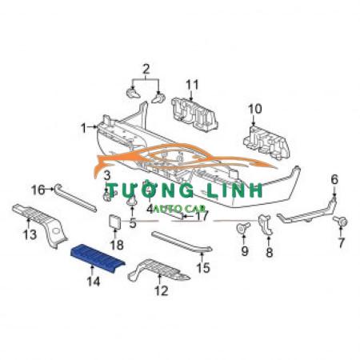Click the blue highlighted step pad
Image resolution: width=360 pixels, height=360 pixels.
(x=98, y=257)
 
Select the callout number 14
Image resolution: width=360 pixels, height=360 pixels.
(x=94, y=282)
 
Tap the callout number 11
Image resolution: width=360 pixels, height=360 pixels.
(x=192, y=85)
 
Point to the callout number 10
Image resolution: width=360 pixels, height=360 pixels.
(x=255, y=109)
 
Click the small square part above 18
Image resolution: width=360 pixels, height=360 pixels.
(x=114, y=222)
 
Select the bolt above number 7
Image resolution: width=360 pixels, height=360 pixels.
(x=341, y=222)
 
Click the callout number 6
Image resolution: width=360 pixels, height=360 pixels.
(x=334, y=179)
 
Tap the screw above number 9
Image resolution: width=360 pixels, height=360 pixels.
(x=243, y=228)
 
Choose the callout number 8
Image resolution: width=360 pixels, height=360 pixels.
(x=270, y=252)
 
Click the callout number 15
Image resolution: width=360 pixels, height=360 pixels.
(x=203, y=268)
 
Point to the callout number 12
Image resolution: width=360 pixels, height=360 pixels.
(x=162, y=290)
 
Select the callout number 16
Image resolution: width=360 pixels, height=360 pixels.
(x=38, y=190)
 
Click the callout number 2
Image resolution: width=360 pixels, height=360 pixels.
(x=146, y=70)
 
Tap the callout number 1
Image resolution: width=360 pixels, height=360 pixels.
(x=84, y=128)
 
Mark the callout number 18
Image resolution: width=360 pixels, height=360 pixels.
(x=117, y=245)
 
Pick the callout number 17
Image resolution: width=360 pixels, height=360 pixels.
(x=202, y=216)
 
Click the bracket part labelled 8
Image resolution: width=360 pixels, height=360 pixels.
(x=265, y=225)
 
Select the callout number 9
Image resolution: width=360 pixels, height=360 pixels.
(x=245, y=251)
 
